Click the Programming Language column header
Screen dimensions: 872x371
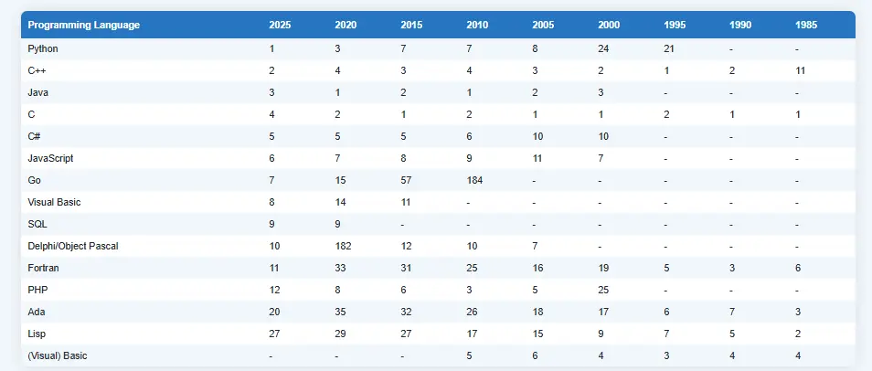click(84, 25)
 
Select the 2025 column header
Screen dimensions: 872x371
click(280, 25)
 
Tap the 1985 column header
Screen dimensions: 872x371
click(806, 25)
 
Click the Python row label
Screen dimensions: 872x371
click(43, 49)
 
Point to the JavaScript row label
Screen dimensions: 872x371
click(50, 158)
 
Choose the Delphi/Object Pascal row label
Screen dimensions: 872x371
click(73, 246)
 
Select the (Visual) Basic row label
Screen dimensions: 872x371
click(58, 355)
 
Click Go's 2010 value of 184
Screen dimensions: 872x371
click(474, 180)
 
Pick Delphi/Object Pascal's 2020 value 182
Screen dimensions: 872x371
click(343, 246)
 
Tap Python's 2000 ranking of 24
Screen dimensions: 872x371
click(603, 49)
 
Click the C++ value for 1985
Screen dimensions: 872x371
click(801, 70)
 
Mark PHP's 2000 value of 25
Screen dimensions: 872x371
click(603, 290)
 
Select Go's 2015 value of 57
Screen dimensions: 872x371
click(406, 180)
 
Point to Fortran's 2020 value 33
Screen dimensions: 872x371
click(340, 268)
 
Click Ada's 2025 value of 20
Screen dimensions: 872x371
click(275, 312)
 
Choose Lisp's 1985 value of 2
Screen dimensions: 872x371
click(798, 334)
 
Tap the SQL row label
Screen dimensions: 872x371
click(37, 224)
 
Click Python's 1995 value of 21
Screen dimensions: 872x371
click(669, 49)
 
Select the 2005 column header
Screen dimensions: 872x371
click(543, 25)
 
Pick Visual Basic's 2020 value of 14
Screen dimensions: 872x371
click(340, 203)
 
